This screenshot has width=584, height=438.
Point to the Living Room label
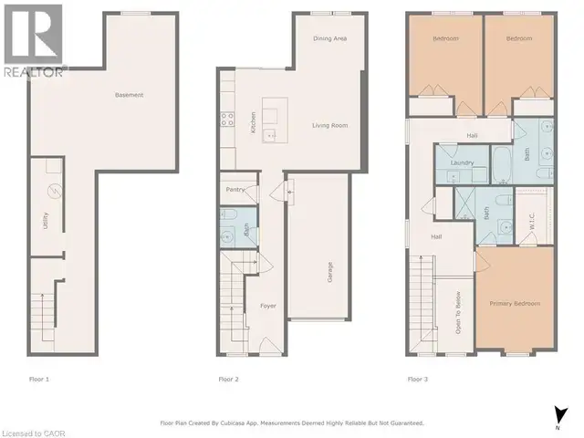pos(330,125)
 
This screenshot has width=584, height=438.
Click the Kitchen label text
pos(253,120)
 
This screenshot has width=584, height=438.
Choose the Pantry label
pos(234,190)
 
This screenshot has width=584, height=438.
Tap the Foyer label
pos(267,306)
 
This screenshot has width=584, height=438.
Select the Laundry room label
pos(460,163)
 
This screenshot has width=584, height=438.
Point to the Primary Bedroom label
pos(515,303)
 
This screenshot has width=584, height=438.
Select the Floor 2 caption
pos(228,378)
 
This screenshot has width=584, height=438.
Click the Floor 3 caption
pos(418,378)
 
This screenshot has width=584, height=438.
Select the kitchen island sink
pos(270,135)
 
